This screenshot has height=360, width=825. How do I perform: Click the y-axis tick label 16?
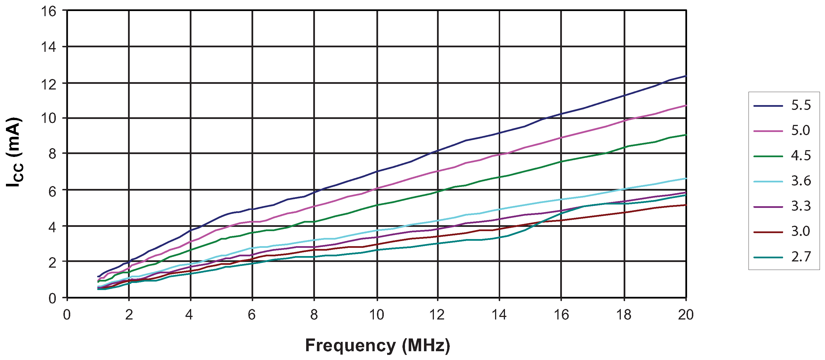[48, 12]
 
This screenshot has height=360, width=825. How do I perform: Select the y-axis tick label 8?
[52, 154]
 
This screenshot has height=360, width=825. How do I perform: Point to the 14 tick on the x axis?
[499, 315]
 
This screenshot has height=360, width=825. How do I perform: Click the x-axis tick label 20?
[686, 315]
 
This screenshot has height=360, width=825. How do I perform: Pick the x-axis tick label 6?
[252, 315]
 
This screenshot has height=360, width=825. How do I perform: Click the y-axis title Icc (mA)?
[15, 152]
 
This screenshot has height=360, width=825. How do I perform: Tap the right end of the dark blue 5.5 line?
[686, 76]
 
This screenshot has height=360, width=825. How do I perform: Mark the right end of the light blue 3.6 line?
[686, 178]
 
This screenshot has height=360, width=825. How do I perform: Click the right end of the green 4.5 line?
[686, 135]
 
